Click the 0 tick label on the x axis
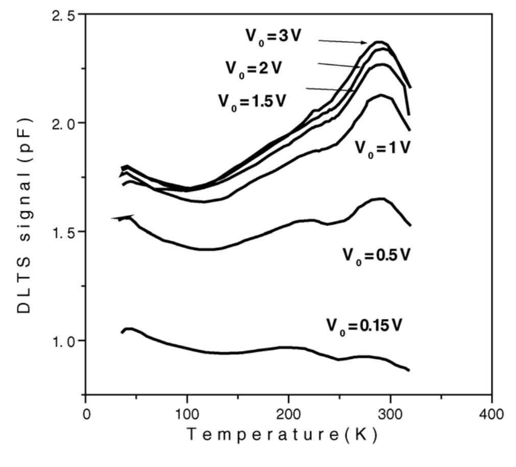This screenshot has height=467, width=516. click(x=86, y=412)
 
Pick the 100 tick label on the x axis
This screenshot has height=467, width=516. click(x=187, y=412)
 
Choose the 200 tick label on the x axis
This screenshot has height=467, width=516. click(x=289, y=412)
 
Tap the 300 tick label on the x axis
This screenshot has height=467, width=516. click(x=390, y=412)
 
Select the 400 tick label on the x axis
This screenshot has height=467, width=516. click(x=491, y=412)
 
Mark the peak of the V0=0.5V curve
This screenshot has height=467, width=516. click(x=381, y=199)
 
